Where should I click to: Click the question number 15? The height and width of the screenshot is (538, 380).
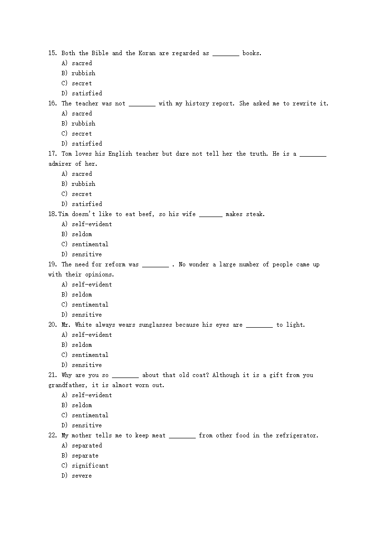point(53,53)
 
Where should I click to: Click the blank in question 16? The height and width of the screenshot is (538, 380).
point(142,104)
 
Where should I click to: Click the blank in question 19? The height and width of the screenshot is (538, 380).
point(156,265)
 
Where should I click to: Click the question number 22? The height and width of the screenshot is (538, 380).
point(53,435)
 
